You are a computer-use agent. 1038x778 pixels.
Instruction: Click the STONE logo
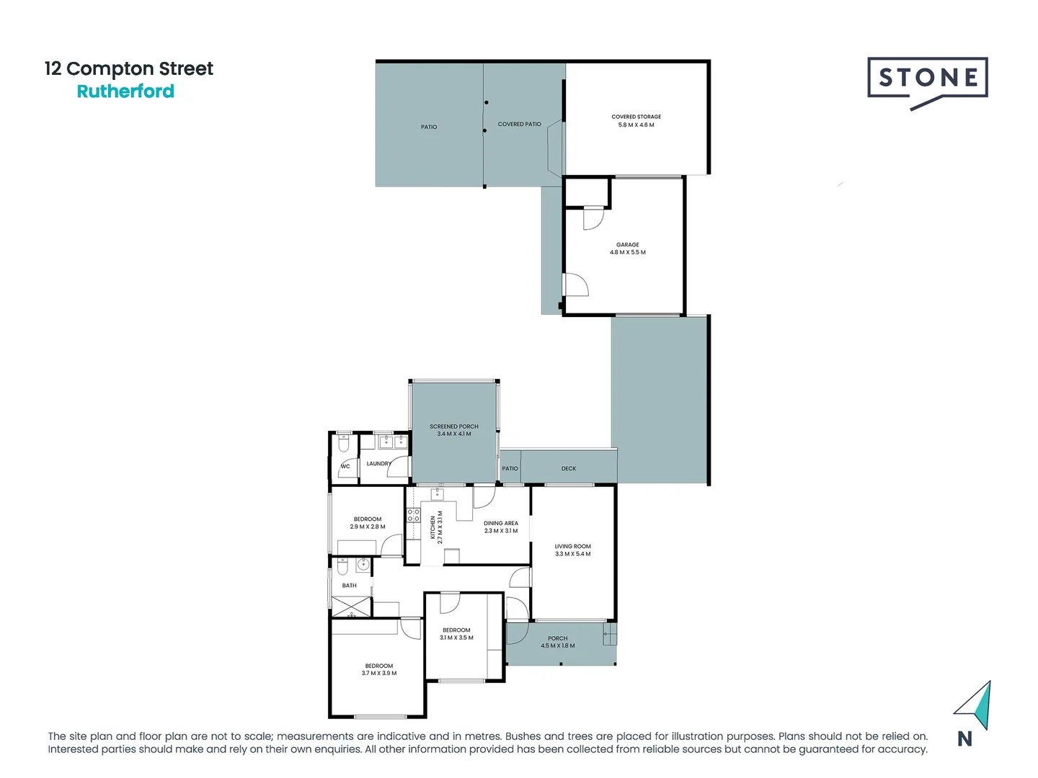927,79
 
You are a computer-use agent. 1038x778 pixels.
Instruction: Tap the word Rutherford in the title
125,91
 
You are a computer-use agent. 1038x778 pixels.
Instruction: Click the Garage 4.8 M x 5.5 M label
627,249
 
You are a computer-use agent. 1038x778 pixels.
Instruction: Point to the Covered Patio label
519,124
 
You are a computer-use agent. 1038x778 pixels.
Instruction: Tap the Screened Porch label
453,430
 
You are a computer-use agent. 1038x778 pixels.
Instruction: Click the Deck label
569,468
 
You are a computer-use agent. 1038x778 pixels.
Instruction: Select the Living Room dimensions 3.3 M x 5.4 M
572,554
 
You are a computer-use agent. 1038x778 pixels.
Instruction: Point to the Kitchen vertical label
436,527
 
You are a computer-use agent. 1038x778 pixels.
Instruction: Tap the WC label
345,466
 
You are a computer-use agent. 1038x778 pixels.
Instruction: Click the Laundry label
378,463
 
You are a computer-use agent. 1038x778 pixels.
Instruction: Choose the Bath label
350,585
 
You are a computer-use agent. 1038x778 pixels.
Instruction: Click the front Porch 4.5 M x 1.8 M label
557,642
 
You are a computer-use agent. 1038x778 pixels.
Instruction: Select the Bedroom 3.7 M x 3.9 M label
378,669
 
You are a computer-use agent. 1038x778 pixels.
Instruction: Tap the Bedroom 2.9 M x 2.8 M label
368,522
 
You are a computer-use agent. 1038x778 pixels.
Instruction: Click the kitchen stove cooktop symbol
414,514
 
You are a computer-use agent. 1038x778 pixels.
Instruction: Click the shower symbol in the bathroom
351,607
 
